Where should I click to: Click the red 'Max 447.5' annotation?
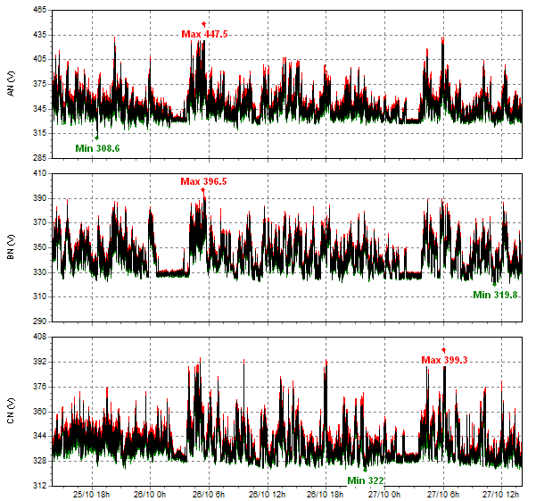pos(204,34)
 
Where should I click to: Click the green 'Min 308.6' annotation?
pos(97,148)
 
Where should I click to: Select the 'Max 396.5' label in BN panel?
pos(203,181)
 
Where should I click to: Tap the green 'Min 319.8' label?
pos(495,294)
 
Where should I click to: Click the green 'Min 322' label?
pos(366,480)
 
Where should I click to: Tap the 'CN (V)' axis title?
pos(11,412)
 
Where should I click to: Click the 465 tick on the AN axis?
pos(40,9)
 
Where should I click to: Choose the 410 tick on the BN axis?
pos(40,173)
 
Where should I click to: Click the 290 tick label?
pos(40,321)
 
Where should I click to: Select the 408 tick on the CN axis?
pos(40,338)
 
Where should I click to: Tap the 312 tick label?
pos(40,486)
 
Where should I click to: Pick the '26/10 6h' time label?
pos(207,493)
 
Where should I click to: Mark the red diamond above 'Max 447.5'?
pos(204,23)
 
